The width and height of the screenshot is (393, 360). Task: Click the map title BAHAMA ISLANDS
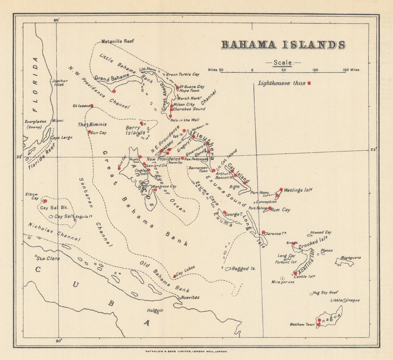[283, 45]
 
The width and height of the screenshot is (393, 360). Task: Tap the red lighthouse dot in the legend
[309, 83]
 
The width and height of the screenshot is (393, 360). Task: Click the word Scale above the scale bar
[283, 63]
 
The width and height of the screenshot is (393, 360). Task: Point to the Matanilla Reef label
[118, 41]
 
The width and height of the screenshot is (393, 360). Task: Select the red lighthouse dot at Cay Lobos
[175, 276]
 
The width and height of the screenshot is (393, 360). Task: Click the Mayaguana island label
[350, 257]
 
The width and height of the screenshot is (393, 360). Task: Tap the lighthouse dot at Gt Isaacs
[92, 105]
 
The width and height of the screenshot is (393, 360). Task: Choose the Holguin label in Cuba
[155, 311]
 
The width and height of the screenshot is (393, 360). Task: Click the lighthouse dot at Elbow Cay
[45, 201]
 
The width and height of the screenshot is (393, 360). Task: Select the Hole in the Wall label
[185, 120]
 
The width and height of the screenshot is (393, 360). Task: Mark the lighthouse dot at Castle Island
[295, 273]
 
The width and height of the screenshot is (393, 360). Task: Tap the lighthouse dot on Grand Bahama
[114, 91]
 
